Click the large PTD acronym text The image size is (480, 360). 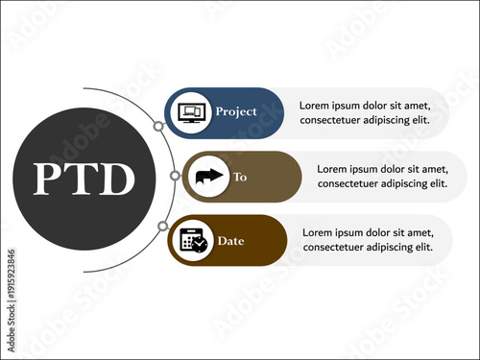(84, 180)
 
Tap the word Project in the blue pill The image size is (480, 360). (235, 111)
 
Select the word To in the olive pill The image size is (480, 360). (240, 178)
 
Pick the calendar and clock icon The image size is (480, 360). (193, 240)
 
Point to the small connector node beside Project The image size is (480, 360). (158, 126)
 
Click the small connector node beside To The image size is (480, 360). (174, 176)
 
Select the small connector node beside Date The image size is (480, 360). (162, 227)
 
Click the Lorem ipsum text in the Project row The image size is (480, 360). (358, 113)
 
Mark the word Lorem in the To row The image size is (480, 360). (335, 168)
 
